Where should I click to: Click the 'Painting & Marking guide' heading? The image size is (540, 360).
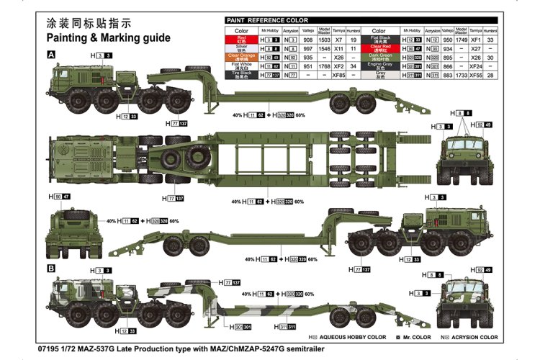tap(108, 37)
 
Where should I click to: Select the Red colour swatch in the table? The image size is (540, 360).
tap(241, 41)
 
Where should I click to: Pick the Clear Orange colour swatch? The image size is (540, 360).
tap(241, 58)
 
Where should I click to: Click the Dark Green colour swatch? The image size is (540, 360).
tap(381, 58)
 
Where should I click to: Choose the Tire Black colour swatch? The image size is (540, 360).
tap(241, 75)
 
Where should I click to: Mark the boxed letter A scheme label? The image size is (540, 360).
tap(50, 55)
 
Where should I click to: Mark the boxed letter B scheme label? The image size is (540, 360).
tap(50, 268)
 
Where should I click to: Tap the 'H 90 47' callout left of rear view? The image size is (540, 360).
tap(60, 197)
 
